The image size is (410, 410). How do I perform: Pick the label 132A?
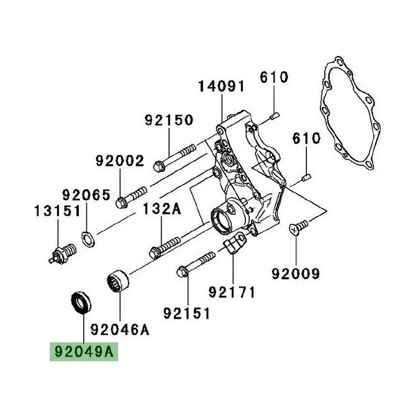pyautogui.click(x=163, y=209)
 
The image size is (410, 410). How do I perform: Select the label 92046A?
pyautogui.click(x=121, y=329)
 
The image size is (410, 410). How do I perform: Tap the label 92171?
pyautogui.click(x=231, y=291)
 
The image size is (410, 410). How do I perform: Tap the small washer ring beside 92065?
pyautogui.click(x=88, y=236)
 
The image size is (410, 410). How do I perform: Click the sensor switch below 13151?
pyautogui.click(x=59, y=255)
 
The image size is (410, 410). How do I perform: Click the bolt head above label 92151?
pyautogui.click(x=183, y=271)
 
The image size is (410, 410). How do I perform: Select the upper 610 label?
pyautogui.click(x=274, y=77)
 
